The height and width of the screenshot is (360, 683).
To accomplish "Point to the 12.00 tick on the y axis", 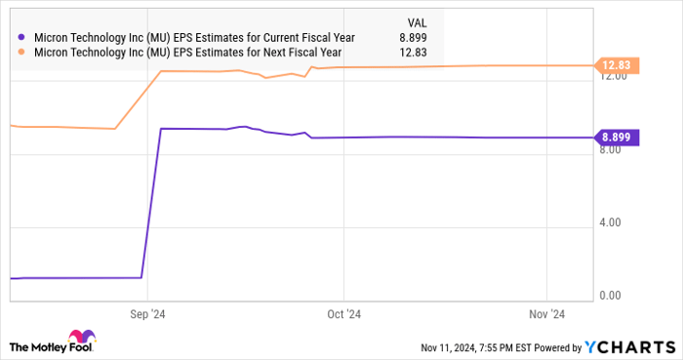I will [617, 77].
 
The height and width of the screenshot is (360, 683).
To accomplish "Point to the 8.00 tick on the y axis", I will [615, 149].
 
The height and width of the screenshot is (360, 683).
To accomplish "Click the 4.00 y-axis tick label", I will [615, 222].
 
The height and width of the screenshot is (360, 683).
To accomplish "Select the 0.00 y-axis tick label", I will [615, 295].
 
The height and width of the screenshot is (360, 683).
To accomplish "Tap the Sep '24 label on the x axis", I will [146, 314].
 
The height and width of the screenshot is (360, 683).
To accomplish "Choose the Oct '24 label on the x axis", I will [342, 314].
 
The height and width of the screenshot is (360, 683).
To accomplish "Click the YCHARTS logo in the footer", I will [628, 346].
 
